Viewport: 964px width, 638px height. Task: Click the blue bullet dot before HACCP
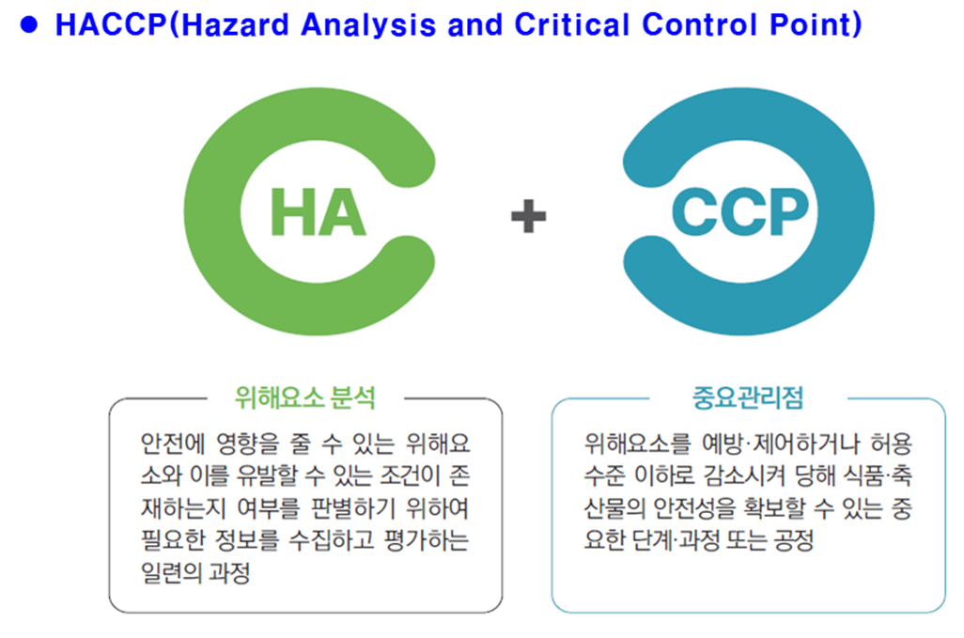click(29, 24)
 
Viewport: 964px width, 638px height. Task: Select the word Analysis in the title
click(368, 26)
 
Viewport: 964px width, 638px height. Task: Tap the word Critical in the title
click(570, 25)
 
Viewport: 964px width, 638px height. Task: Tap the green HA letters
click(318, 212)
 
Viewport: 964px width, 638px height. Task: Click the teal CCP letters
click(740, 212)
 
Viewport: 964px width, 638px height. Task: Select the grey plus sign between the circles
click(529, 216)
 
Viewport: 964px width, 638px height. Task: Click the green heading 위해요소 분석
click(305, 397)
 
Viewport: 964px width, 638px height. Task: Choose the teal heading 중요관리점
click(748, 397)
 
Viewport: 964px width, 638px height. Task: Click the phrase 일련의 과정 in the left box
click(195, 573)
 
